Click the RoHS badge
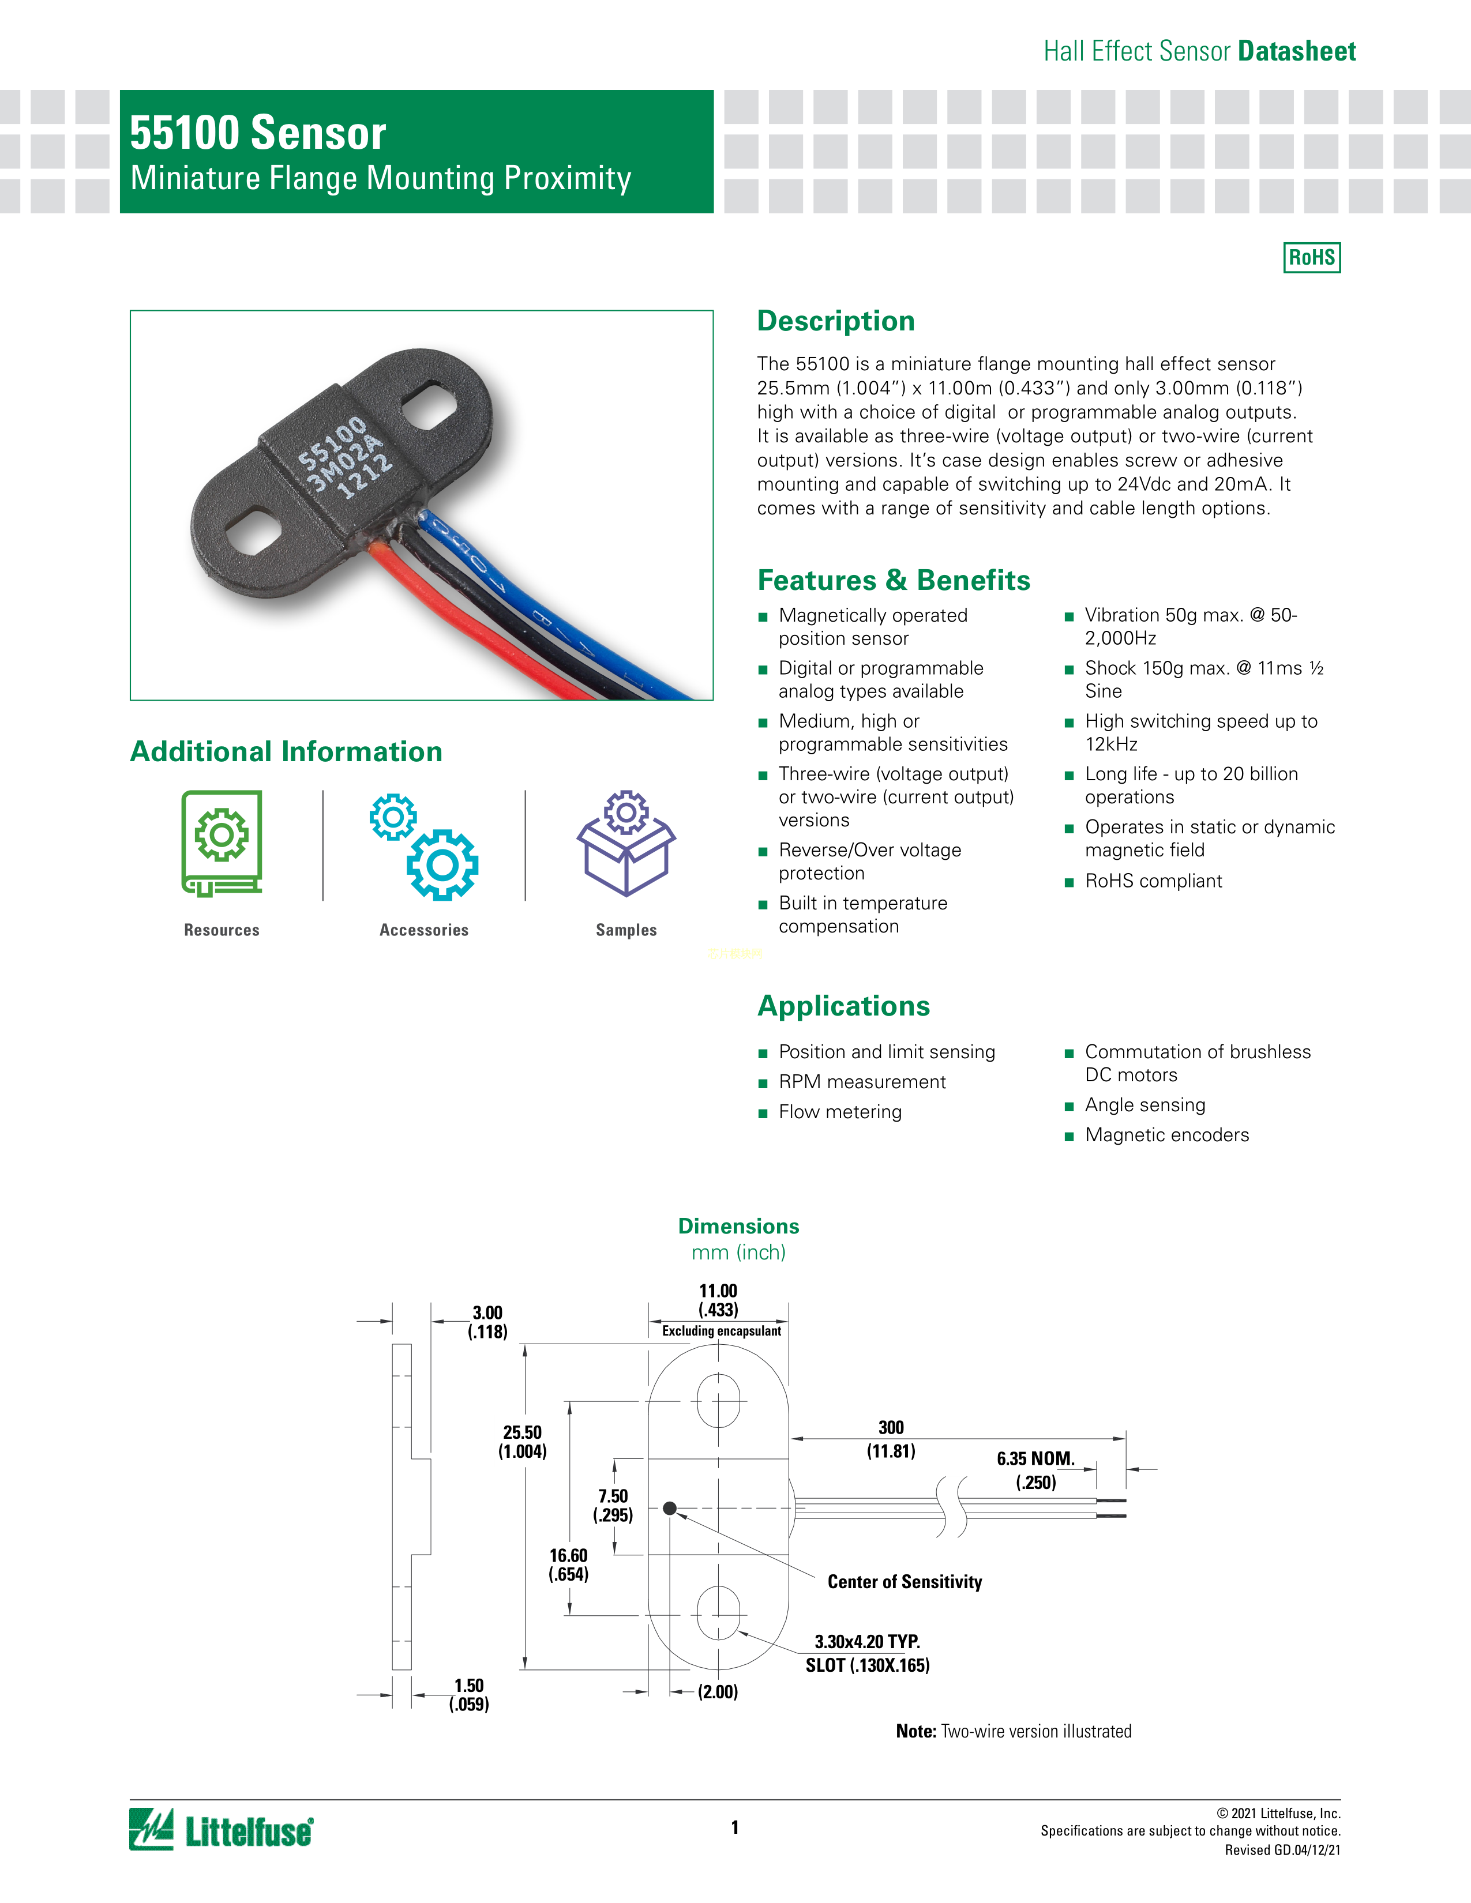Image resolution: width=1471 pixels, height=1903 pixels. [x=1312, y=257]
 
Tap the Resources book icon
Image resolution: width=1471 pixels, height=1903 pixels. [x=222, y=843]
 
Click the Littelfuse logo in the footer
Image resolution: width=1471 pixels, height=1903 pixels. [x=222, y=1829]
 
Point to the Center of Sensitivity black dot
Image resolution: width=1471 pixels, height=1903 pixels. [x=669, y=1509]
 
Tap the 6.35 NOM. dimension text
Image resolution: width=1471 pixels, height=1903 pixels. [x=1035, y=1458]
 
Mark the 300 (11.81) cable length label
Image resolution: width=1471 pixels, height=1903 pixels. [x=891, y=1439]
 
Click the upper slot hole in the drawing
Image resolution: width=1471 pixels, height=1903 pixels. [x=719, y=1400]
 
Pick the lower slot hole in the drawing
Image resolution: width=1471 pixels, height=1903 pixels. [x=719, y=1613]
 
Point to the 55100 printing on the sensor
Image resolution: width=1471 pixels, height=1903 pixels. [x=332, y=443]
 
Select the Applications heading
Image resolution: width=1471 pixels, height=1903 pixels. [x=843, y=1006]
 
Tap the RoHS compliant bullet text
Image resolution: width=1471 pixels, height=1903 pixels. [x=1153, y=881]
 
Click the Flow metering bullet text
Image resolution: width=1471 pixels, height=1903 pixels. [x=840, y=1112]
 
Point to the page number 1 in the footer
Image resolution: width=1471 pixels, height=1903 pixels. [x=734, y=1827]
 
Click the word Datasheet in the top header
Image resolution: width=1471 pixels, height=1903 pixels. [x=1297, y=51]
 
